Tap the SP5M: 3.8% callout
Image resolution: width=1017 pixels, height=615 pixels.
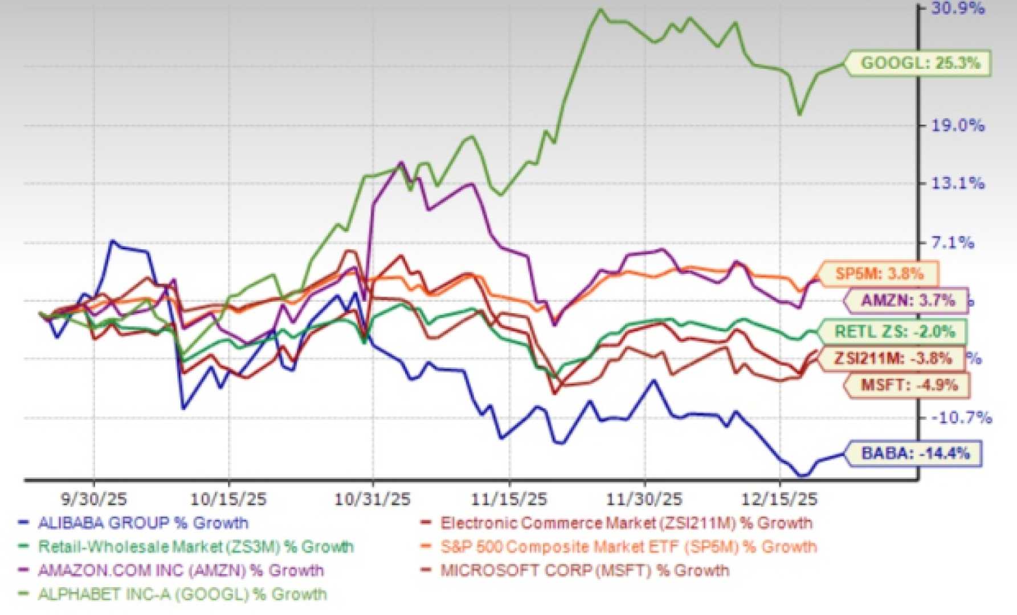(x=879, y=274)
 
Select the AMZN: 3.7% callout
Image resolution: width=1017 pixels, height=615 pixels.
(x=907, y=300)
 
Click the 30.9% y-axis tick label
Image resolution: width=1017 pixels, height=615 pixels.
(x=957, y=9)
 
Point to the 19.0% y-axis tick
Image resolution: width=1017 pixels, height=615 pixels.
(x=957, y=125)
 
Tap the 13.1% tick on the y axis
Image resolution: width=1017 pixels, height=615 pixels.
(x=957, y=183)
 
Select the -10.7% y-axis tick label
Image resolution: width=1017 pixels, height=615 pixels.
(x=961, y=418)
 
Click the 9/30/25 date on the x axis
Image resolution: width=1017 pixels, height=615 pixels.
(x=93, y=499)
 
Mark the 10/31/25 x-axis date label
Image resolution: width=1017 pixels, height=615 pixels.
(x=372, y=499)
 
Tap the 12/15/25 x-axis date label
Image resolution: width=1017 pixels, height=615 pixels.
(x=779, y=499)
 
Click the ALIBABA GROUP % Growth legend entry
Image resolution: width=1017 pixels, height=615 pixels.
(x=142, y=523)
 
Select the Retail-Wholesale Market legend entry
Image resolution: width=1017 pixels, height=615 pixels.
(x=195, y=547)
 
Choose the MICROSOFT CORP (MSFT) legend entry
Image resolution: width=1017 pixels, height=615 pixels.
(x=584, y=570)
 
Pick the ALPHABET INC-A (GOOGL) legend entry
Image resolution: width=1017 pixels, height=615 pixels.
(x=182, y=594)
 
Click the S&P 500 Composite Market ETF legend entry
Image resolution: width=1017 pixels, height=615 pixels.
(x=628, y=547)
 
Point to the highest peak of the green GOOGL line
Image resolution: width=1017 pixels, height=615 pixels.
(x=599, y=10)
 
